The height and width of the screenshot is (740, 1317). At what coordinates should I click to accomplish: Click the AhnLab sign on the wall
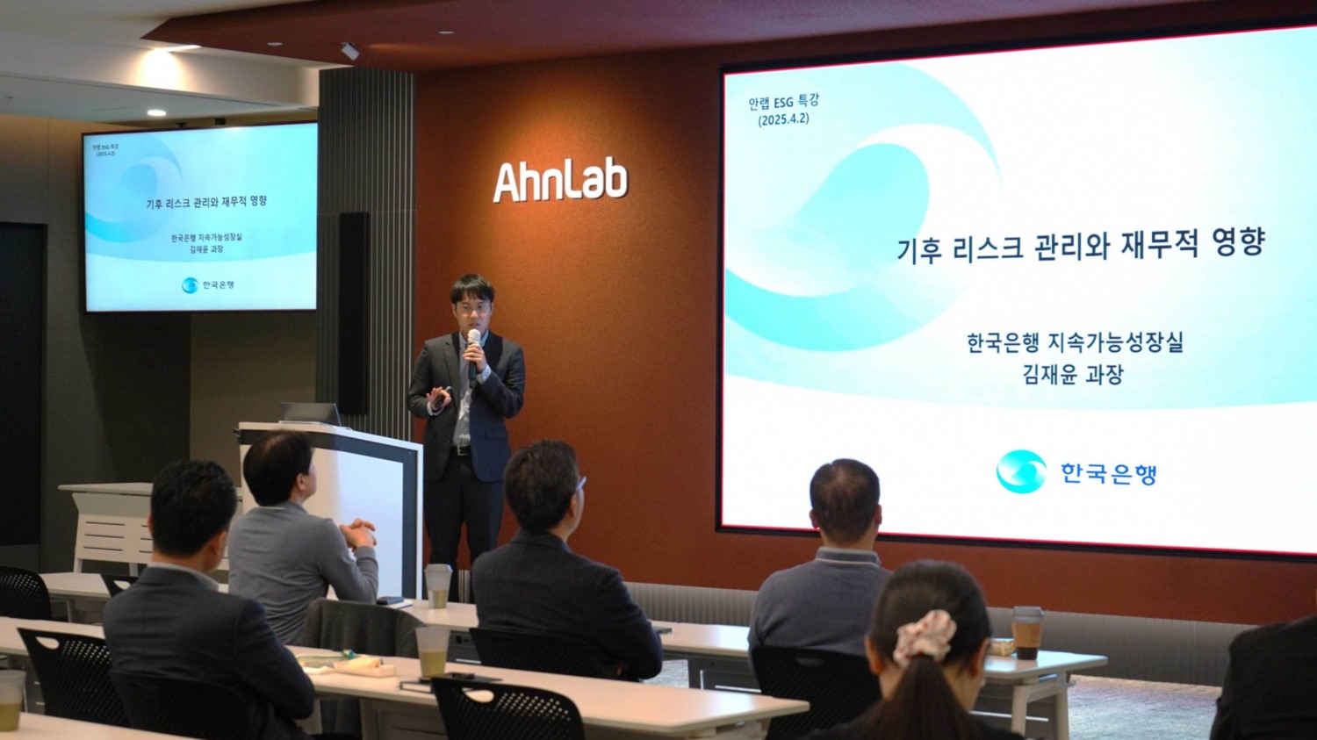tap(560, 181)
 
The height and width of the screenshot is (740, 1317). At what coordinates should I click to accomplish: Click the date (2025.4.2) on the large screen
tap(783, 119)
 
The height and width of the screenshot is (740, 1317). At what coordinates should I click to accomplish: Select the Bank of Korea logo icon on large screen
tap(1021, 471)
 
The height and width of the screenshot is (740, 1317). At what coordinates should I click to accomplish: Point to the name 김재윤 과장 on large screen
tap(1073, 375)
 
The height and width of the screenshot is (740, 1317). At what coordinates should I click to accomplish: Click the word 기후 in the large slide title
tap(919, 249)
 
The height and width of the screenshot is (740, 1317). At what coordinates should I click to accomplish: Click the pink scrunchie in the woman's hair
tap(925, 636)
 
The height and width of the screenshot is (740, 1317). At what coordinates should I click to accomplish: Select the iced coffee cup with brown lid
tap(1026, 631)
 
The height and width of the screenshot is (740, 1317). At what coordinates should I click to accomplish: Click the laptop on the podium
tap(311, 413)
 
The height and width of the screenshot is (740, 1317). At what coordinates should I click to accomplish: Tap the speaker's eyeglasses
tap(472, 308)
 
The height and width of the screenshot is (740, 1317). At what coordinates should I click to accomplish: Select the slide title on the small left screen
tap(206, 203)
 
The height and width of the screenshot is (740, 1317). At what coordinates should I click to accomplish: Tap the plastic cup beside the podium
tap(437, 586)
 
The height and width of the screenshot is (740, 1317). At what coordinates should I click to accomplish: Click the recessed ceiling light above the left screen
tap(156, 113)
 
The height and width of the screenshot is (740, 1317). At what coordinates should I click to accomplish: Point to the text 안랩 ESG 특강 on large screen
tap(783, 102)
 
